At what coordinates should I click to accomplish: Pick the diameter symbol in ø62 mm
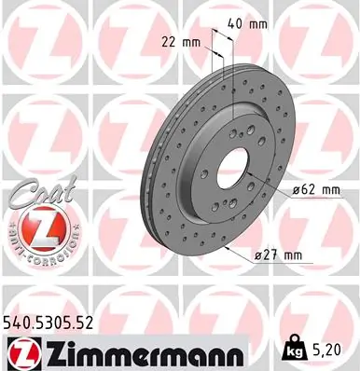tap(294, 190)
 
